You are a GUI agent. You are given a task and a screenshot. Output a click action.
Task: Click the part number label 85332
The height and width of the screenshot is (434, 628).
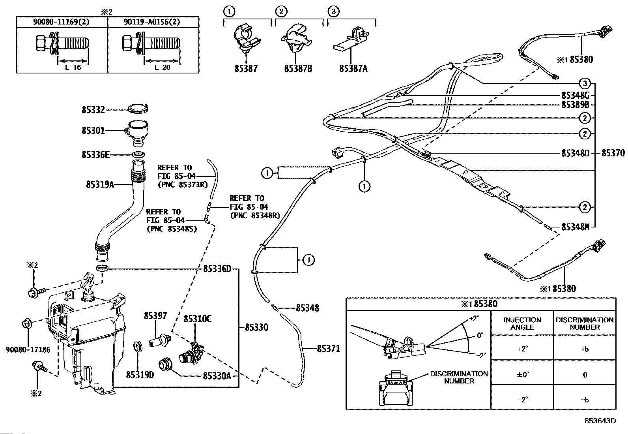pyautogui.click(x=93, y=109)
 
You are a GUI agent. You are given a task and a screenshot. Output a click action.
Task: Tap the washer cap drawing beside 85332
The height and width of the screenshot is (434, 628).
pyautogui.click(x=138, y=109)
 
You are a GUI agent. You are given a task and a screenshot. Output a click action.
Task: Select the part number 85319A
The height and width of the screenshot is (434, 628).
pyautogui.click(x=100, y=184)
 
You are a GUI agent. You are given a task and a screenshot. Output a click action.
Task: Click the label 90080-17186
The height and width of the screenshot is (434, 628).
pyautogui.click(x=28, y=349)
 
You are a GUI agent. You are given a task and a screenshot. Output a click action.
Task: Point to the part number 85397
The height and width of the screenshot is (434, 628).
pyautogui.click(x=155, y=316)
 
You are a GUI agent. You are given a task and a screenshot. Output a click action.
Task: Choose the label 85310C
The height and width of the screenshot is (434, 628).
pyautogui.click(x=197, y=319)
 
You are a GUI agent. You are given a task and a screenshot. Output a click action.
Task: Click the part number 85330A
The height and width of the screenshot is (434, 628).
pyautogui.click(x=217, y=376)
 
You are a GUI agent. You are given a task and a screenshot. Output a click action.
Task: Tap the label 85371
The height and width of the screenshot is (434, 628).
pyautogui.click(x=328, y=349)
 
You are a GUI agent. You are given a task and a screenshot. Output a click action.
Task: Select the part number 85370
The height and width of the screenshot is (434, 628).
pyautogui.click(x=613, y=153)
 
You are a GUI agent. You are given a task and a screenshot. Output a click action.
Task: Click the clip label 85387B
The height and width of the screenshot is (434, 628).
pyautogui.click(x=298, y=68)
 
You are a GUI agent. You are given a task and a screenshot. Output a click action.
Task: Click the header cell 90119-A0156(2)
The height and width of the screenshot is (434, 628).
pyautogui.click(x=152, y=22)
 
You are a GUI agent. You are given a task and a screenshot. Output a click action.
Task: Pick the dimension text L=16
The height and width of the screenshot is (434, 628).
pyautogui.click(x=73, y=68)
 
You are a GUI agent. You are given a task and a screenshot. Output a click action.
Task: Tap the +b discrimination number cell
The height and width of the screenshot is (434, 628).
pyautogui.click(x=585, y=349)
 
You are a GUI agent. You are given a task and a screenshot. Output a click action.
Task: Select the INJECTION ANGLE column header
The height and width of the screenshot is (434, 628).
pyautogui.click(x=522, y=323)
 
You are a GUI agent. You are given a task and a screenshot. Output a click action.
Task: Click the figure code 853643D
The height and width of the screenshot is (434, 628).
pyautogui.click(x=600, y=421)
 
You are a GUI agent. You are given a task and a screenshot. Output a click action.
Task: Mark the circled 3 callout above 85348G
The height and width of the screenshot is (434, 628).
pyautogui.click(x=585, y=83)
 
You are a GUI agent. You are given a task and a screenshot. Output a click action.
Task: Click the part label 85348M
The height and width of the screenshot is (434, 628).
pyautogui.click(x=575, y=227)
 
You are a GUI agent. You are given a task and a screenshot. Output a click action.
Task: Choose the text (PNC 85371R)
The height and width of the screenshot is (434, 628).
pyautogui.click(x=183, y=185)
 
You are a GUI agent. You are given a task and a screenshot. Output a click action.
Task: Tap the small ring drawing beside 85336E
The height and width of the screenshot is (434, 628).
pyautogui.click(x=138, y=154)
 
